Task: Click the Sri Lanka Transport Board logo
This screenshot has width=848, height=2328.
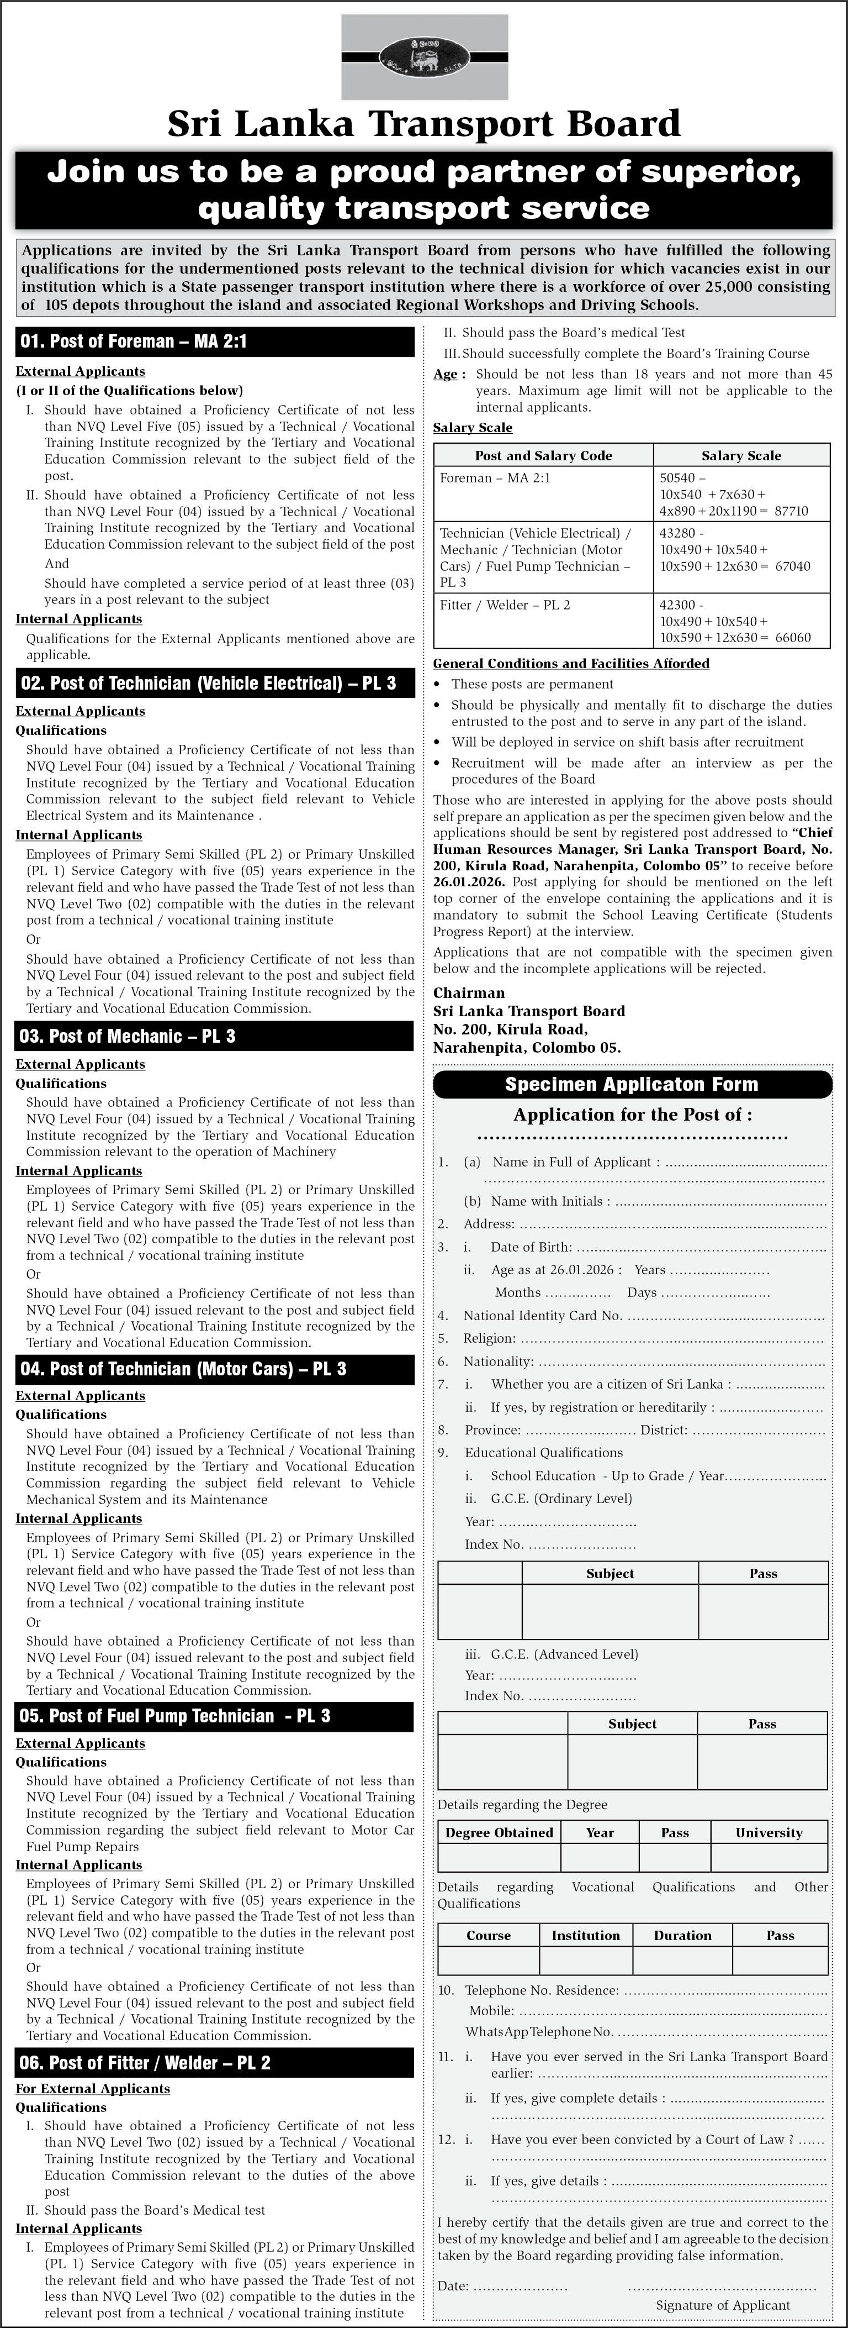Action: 423,57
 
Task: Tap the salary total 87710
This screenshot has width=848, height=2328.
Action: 791,511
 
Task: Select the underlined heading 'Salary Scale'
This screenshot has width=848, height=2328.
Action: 473,428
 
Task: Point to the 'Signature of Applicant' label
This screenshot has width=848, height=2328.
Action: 723,2305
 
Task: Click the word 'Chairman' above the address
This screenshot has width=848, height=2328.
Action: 469,992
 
